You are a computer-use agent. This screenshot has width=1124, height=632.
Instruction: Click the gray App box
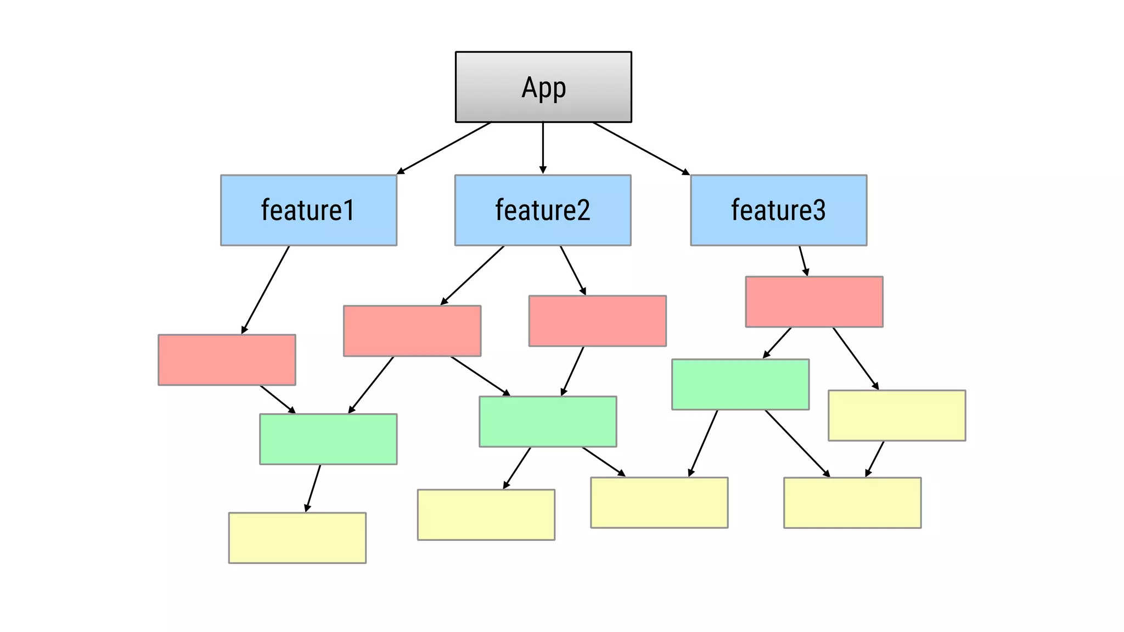(543, 87)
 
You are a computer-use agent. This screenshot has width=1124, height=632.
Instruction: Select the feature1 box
(308, 210)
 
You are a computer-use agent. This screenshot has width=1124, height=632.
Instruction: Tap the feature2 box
(543, 210)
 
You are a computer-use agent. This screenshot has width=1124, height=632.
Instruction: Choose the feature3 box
(778, 210)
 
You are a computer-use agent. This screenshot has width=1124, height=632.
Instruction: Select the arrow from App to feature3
(640, 148)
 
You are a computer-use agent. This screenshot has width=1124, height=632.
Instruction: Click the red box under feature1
(227, 360)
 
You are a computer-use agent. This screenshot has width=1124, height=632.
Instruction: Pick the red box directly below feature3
(814, 302)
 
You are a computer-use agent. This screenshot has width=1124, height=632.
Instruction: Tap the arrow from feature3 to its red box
(803, 261)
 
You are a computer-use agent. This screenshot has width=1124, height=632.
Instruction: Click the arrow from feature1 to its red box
(266, 289)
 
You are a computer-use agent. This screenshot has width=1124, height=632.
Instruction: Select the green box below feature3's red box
(740, 385)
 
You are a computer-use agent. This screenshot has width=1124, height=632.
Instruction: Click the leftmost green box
(328, 439)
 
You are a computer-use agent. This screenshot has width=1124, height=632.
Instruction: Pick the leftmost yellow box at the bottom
(297, 538)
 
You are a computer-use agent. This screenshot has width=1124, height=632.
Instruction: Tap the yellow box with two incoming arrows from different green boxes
(659, 503)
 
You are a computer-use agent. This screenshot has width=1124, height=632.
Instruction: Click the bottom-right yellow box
(852, 503)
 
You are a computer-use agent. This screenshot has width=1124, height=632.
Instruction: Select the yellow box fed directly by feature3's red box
(896, 415)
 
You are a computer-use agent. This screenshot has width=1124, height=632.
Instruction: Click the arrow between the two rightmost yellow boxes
(875, 459)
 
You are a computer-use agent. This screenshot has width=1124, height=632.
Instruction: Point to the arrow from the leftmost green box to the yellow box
(313, 488)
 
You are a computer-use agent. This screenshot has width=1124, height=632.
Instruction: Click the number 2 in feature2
(583, 210)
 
